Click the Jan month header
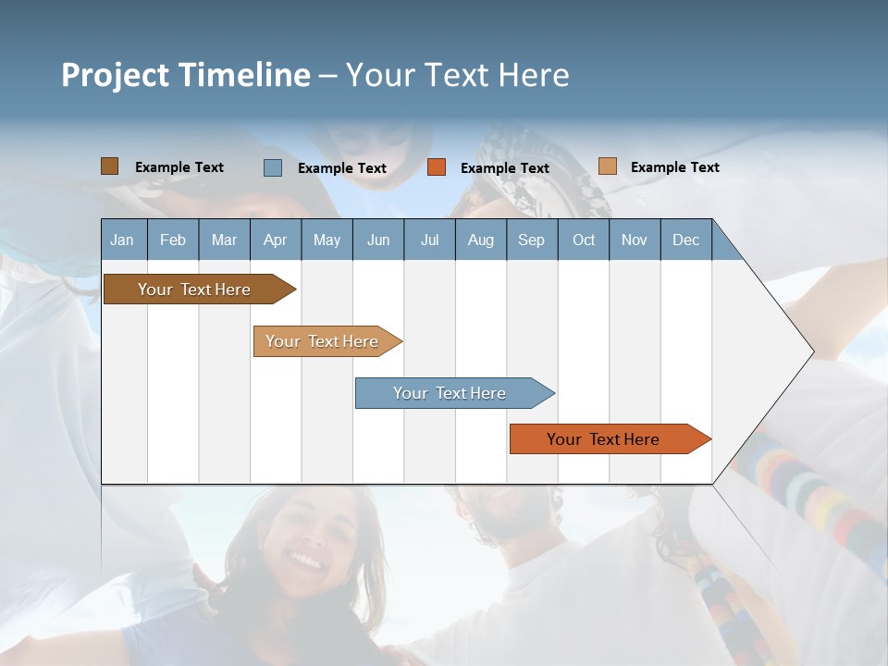pos(122,240)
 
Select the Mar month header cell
pos(224,240)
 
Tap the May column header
pos(327,240)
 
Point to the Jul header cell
pos(429,240)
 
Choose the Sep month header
pos(531,240)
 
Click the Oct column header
pos(584,240)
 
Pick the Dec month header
pos(685,240)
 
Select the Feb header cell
pos(173,240)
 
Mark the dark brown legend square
pos(109,166)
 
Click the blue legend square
pos(273,167)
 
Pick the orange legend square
pos(437,167)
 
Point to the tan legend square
pos(607,166)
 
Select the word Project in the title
pos(114,75)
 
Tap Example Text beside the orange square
pos(504,168)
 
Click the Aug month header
pos(480,240)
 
